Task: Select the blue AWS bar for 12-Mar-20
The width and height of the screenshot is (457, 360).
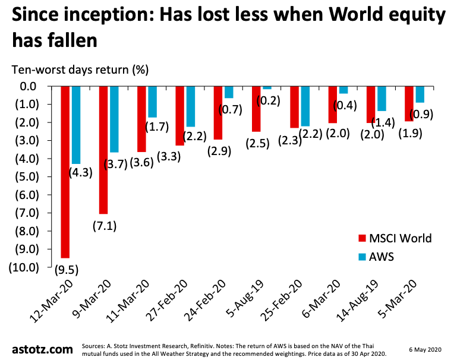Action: click(76, 125)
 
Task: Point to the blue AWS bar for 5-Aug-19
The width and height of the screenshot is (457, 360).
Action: click(267, 88)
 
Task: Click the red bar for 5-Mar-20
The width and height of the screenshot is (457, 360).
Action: click(408, 103)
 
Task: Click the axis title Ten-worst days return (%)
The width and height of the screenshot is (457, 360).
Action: click(80, 70)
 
